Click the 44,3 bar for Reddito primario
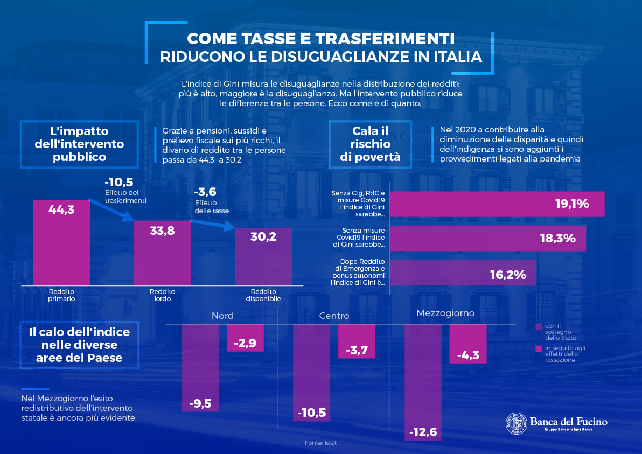(61, 242)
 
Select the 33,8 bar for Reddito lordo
(163, 253)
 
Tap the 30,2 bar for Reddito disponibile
(263, 257)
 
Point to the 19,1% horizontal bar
(498, 204)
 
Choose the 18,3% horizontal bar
(488, 238)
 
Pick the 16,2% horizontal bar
(464, 273)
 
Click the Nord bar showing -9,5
(200, 368)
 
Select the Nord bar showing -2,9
(245, 338)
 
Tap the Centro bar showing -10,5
(312, 373)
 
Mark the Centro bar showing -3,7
(357, 341)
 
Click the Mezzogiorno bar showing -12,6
(423, 382)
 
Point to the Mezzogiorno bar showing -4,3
(468, 344)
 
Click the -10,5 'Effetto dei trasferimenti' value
(119, 182)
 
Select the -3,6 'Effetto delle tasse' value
(205, 192)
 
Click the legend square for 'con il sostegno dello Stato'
(539, 327)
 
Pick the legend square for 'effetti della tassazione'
(539, 349)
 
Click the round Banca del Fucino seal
(517, 423)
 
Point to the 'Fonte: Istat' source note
(320, 443)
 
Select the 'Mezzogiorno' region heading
(445, 313)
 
